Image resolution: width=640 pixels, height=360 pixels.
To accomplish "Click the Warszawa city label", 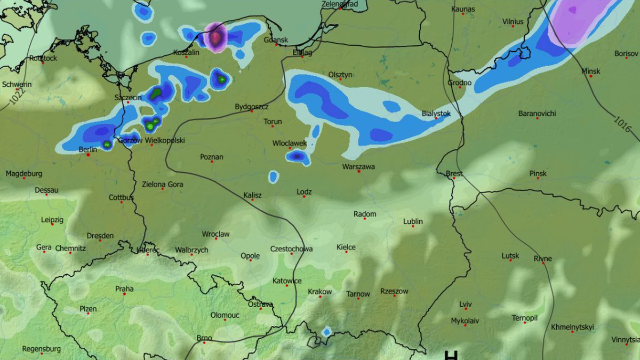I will (x=358, y=166).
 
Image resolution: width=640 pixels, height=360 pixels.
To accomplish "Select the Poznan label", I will (x=212, y=157).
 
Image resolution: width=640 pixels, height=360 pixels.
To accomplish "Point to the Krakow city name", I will (x=319, y=292).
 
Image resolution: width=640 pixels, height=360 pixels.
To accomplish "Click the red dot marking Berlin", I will (x=89, y=155).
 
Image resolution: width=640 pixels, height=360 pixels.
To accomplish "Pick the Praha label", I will (x=124, y=289).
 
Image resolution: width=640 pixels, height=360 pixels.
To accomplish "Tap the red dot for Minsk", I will (x=590, y=76).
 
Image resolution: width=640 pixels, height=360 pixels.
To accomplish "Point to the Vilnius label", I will (x=513, y=22).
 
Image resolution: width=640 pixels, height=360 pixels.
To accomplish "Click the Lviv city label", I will (x=466, y=305).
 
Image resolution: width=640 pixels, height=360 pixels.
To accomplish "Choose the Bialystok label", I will (x=436, y=114).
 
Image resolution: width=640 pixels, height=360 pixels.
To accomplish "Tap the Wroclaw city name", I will (x=215, y=234).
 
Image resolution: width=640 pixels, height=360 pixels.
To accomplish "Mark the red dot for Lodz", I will (x=304, y=196).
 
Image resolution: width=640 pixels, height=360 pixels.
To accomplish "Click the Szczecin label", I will (x=128, y=98).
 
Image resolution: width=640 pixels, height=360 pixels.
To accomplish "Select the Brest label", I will (x=454, y=174).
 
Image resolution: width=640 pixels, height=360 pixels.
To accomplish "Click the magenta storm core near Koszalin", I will (x=216, y=37).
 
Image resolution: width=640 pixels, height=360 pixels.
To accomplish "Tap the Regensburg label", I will (x=41, y=349).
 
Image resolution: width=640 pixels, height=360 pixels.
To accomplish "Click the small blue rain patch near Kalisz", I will (x=273, y=176).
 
